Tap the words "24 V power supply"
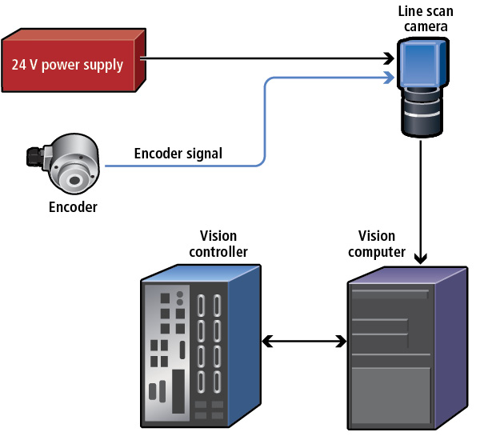67,64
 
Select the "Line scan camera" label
422,20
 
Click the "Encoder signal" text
178,153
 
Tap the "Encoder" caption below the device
73,207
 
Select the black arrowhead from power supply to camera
389,58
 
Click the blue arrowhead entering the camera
389,78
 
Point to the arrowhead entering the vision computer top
421,258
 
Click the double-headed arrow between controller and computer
305,342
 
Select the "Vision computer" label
377,244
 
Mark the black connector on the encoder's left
34,154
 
